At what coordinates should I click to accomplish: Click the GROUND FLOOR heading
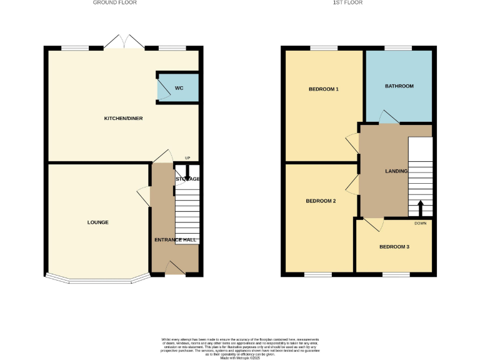click(x=114, y=2)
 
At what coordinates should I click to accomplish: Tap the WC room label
click(x=179, y=88)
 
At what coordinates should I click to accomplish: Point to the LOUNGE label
click(x=98, y=222)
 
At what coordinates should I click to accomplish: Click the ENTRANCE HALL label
click(x=176, y=240)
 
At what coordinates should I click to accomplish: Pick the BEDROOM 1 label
click(x=323, y=89)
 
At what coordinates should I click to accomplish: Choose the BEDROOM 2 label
click(x=321, y=201)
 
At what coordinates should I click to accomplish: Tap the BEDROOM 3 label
click(x=394, y=247)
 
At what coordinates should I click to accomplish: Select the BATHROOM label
click(x=399, y=86)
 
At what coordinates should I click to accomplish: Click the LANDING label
click(x=396, y=171)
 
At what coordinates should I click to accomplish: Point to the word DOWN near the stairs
click(x=420, y=223)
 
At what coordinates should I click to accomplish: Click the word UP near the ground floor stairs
click(x=186, y=157)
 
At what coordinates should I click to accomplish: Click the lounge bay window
click(x=97, y=279)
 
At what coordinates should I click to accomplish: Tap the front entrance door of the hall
click(x=174, y=268)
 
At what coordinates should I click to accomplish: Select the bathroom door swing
click(x=388, y=117)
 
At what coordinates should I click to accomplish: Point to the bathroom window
click(x=398, y=48)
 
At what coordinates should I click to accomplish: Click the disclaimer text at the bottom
click(x=240, y=347)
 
